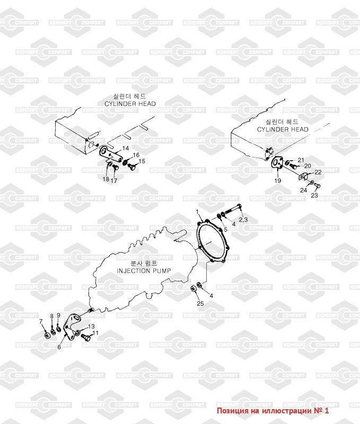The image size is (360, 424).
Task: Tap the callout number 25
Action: pos(200,303)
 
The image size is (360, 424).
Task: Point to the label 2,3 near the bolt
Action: pos(243,219)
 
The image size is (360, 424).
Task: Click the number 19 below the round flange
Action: pos(277,181)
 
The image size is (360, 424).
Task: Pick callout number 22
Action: pos(318,172)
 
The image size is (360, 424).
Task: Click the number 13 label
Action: pos(91,326)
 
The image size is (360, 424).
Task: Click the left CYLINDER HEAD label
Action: pos(130,104)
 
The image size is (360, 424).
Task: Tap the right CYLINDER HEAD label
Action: pos(283,129)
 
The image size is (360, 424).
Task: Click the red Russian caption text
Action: pos(273,411)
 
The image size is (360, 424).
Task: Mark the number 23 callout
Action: pos(314,195)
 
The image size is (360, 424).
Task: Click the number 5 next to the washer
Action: pos(224,229)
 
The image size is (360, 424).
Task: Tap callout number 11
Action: pos(96,333)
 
